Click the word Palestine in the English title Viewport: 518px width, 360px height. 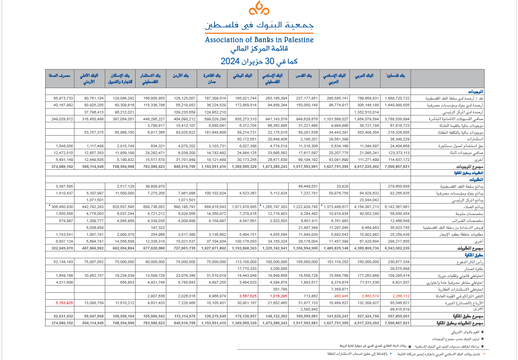click(298, 39)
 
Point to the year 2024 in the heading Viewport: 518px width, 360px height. click(230, 61)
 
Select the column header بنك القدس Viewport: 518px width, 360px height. click(303, 76)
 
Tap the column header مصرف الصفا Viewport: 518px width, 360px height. click(60, 76)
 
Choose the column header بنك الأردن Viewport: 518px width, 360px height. click(181, 76)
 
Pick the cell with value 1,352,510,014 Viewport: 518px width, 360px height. click(366, 112)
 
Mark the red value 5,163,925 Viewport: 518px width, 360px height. click(64, 303)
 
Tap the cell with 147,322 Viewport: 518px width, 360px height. click(158, 228)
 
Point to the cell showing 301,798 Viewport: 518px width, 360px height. click(280, 289)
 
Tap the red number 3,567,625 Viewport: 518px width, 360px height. click(248, 296)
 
